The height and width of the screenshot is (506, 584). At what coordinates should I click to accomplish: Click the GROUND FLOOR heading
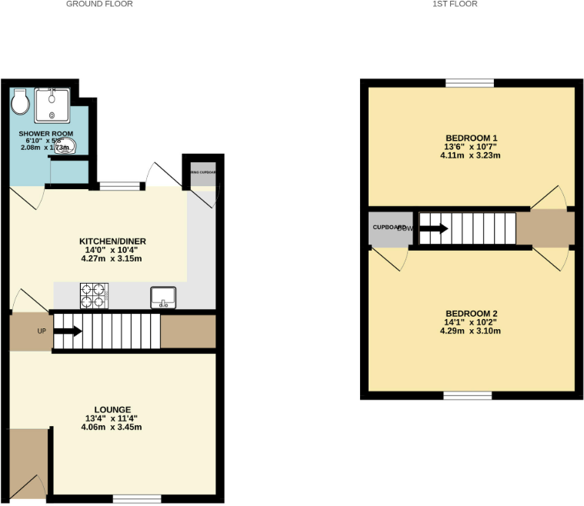click(x=99, y=4)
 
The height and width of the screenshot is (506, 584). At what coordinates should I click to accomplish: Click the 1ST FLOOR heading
click(x=456, y=4)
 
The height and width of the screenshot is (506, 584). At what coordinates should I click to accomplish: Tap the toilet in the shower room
click(x=21, y=101)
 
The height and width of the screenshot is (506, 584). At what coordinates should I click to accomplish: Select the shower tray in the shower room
click(x=52, y=105)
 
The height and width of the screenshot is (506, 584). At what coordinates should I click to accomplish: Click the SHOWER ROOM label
click(x=46, y=134)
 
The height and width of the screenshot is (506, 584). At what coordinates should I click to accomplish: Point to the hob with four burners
click(x=94, y=295)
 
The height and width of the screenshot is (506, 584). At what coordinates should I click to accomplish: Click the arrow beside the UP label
click(x=68, y=331)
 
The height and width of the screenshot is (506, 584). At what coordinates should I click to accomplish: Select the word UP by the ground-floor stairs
click(x=42, y=331)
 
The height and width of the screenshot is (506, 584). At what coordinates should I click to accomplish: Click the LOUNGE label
click(x=112, y=409)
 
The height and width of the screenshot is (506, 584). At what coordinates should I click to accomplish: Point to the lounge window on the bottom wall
click(x=137, y=500)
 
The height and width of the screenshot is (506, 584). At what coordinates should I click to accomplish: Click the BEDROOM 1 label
click(x=470, y=138)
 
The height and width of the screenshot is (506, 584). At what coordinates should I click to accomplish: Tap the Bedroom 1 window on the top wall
click(x=470, y=82)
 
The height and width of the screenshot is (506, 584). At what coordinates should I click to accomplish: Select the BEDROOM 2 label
click(x=472, y=314)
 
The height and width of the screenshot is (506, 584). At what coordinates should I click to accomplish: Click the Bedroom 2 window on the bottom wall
click(x=467, y=395)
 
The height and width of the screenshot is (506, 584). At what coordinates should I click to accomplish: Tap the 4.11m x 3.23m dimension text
click(x=470, y=155)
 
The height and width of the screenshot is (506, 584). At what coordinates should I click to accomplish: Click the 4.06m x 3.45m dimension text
click(x=112, y=427)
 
